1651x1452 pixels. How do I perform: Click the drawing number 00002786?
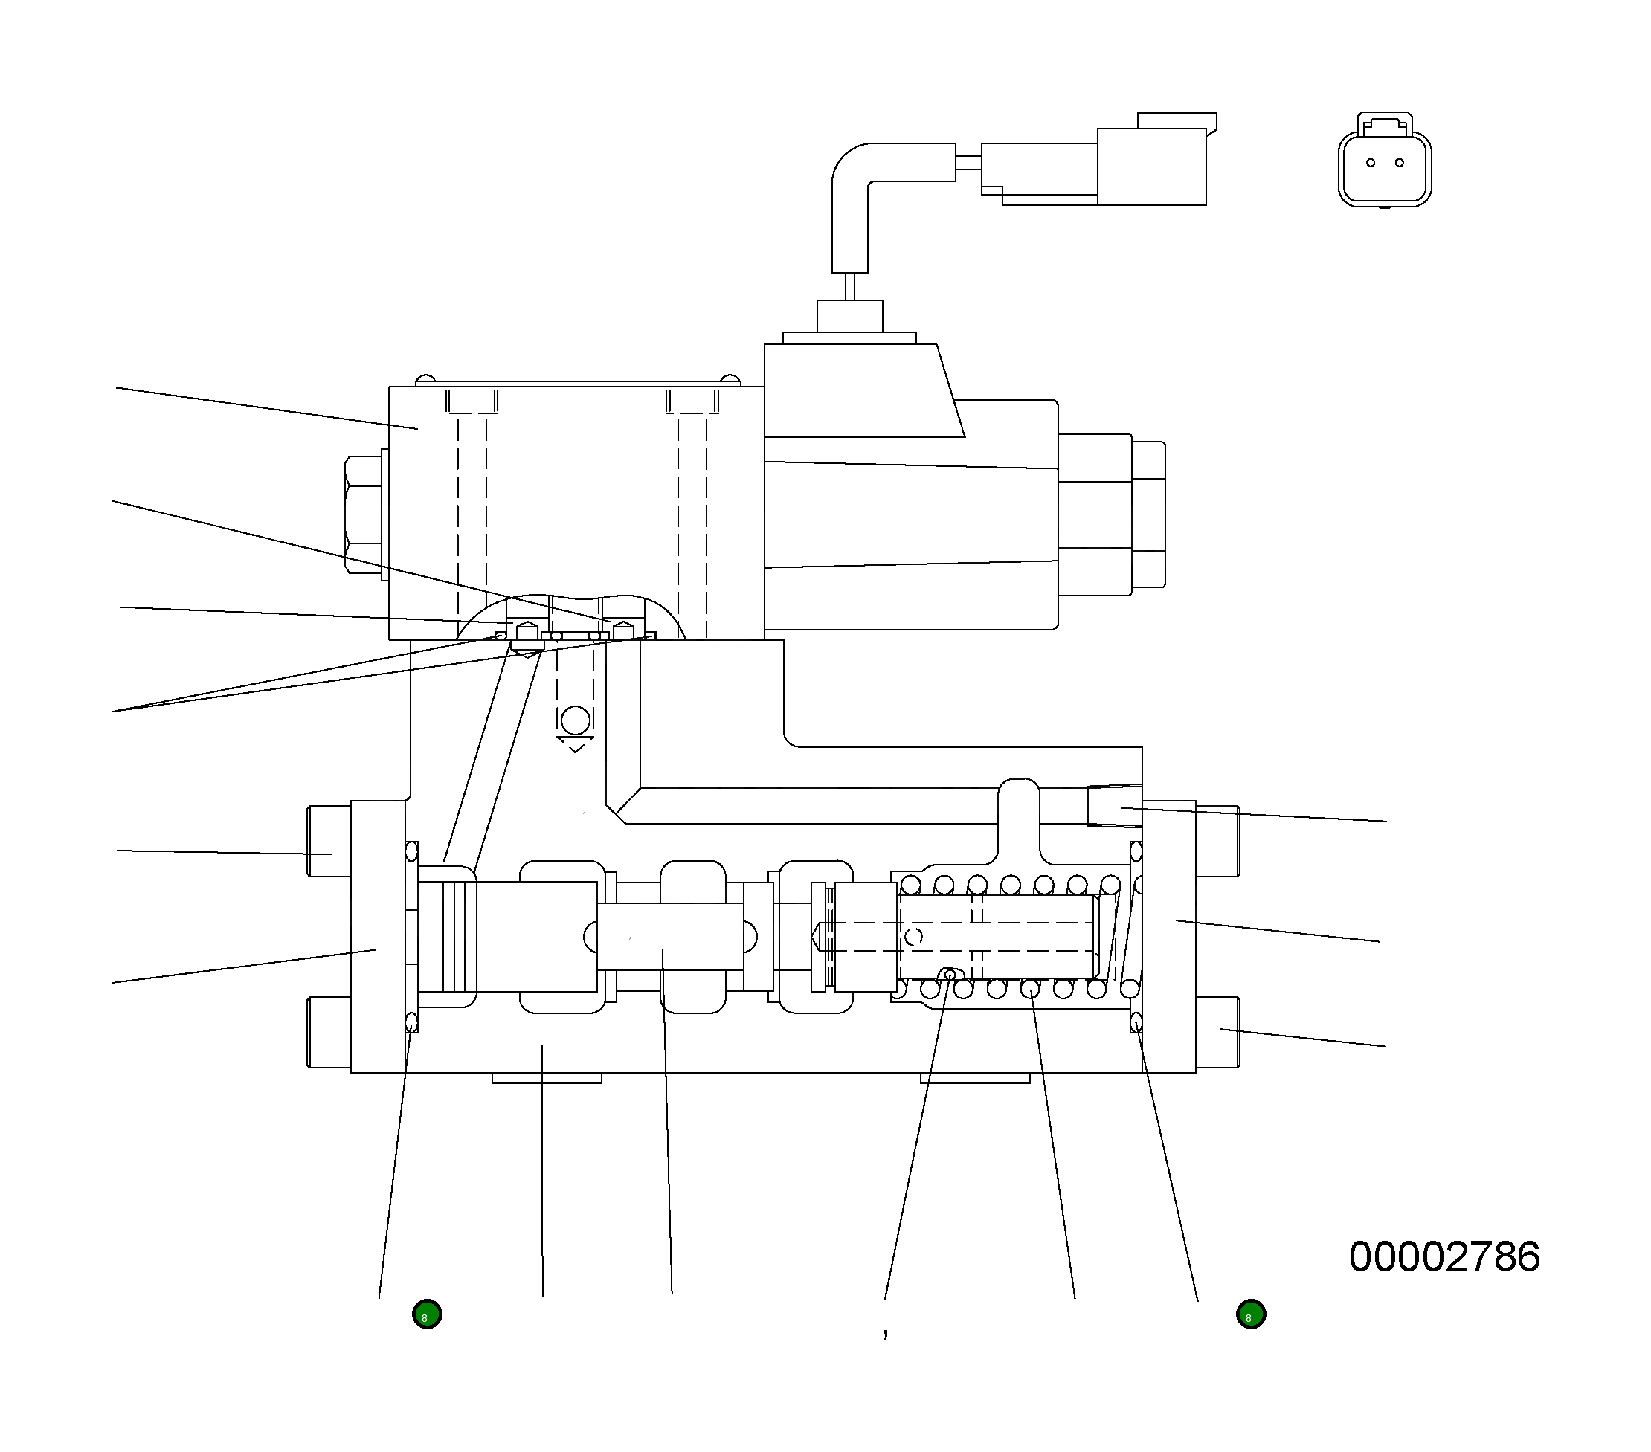1444,1257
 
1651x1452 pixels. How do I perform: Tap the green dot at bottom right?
1250,1314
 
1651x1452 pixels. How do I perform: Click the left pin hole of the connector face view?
1370,163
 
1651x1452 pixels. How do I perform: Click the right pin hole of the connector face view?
1399,163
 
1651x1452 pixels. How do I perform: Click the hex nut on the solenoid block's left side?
364,515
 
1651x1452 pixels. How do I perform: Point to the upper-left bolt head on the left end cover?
329,841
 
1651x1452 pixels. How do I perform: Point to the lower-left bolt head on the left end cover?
329,1032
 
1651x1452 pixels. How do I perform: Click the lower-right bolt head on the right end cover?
1218,1032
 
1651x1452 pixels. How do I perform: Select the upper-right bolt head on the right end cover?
1218,841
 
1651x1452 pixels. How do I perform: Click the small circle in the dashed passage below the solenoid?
575,720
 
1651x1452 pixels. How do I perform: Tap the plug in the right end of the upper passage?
1114,806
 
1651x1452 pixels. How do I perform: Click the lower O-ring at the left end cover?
411,1022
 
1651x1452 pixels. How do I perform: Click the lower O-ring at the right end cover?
1136,1022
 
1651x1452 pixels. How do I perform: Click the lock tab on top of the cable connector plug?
1177,120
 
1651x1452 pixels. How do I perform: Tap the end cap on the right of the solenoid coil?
1148,514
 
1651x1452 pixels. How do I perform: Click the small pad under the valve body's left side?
547,1078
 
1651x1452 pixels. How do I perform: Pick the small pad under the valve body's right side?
975,1078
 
